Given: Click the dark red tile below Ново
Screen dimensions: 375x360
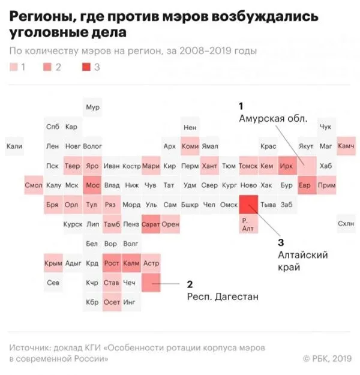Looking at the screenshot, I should pos(248,205).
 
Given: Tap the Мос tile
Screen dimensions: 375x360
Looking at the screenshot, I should pos(92,185).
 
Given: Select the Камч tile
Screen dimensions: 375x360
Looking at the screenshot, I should pos(346,146).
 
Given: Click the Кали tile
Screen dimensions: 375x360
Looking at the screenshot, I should pos(14,146).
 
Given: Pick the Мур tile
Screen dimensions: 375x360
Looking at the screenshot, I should pos(92,107).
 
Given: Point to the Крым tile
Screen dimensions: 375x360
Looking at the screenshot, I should pos(53,263).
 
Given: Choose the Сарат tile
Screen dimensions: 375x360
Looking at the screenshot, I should pos(151,224).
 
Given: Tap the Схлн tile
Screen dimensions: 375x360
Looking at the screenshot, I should pos(346,224).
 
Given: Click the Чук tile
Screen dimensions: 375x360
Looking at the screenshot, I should pos(326,127).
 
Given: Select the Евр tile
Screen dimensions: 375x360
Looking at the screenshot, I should pos(307,185).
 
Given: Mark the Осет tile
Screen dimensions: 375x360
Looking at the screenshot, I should pos(112,302).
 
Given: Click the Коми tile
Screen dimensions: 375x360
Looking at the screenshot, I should pos(190,146).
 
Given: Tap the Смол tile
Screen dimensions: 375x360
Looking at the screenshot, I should pos(34,185).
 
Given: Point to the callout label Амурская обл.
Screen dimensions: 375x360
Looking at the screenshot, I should pos(273,118).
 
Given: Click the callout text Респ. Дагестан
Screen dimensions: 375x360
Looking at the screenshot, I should pos(224,296).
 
